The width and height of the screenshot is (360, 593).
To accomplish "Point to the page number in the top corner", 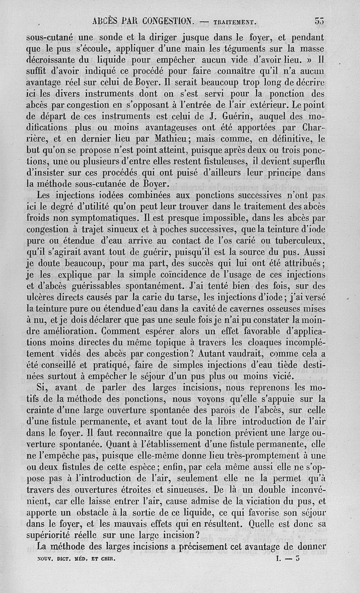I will pyautogui.click(x=319, y=20).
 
